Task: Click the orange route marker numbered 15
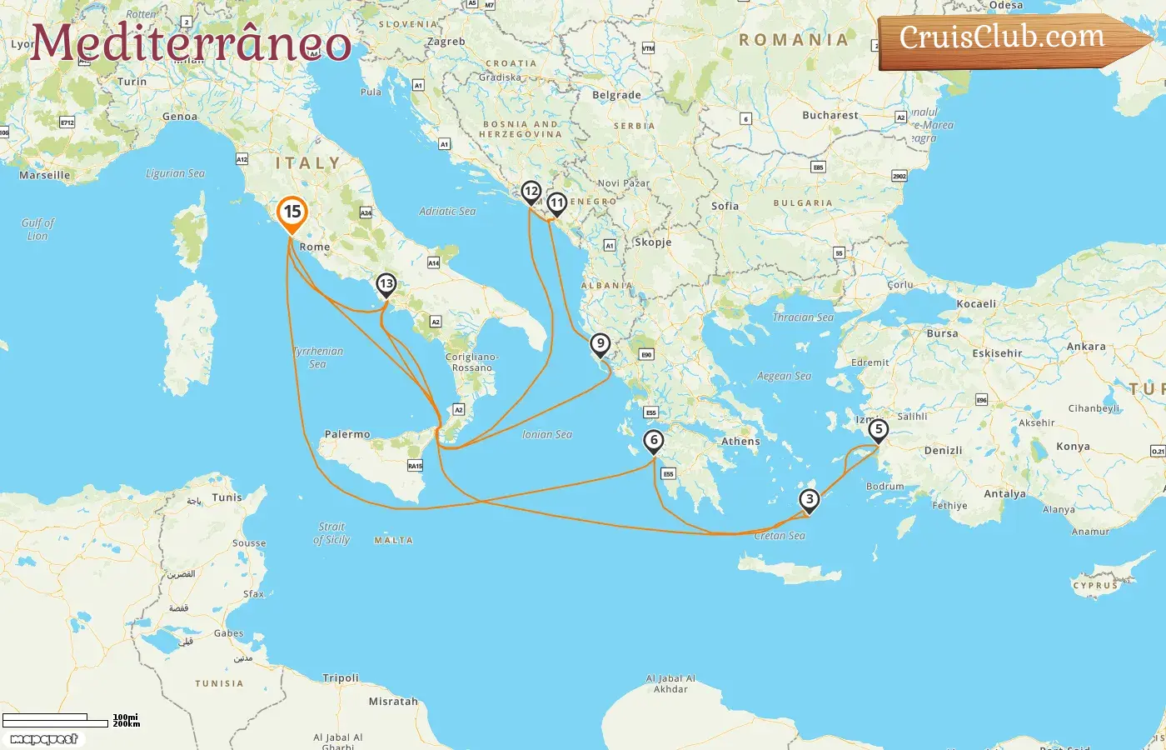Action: [x=291, y=212]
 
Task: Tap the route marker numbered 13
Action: [x=386, y=285]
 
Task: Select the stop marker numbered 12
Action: [x=531, y=192]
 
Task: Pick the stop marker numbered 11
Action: [x=556, y=203]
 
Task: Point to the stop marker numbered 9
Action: [x=600, y=344]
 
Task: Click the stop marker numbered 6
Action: [x=654, y=441]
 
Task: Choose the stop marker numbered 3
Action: [x=809, y=500]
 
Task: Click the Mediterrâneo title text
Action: [x=191, y=42]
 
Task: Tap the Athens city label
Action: [x=740, y=442]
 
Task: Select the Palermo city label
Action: [x=347, y=434]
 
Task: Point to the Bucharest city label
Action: [x=830, y=115]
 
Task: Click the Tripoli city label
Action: [x=341, y=678]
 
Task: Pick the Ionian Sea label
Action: [x=547, y=434]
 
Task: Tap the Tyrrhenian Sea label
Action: [x=318, y=357]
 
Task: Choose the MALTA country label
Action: [x=393, y=541]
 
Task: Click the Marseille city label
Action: [x=45, y=175]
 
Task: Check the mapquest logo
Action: [x=44, y=739]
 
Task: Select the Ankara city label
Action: [x=1086, y=347]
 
